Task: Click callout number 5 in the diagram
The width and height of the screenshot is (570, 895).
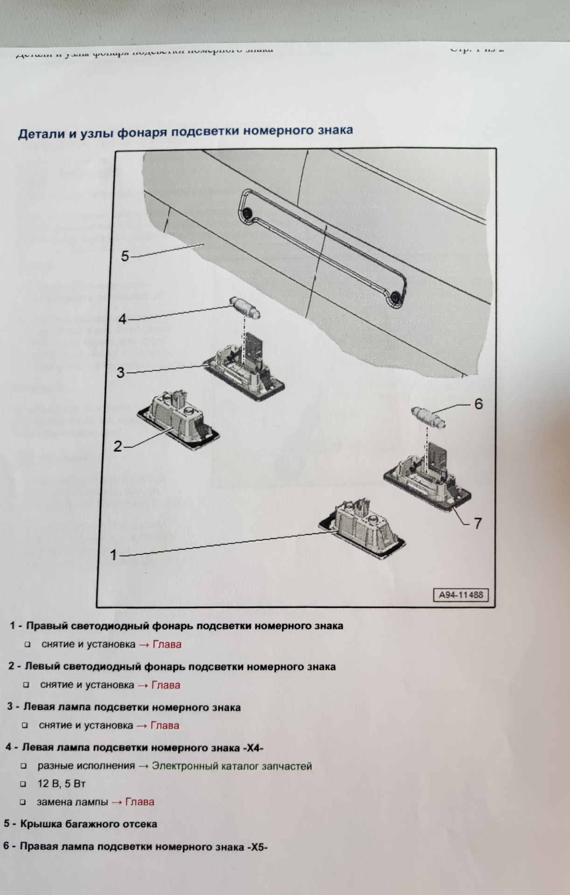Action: click(x=125, y=256)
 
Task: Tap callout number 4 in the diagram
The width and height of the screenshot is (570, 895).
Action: click(x=122, y=319)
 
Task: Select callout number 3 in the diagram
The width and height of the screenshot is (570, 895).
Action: click(x=121, y=372)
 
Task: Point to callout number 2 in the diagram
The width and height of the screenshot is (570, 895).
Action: click(x=118, y=446)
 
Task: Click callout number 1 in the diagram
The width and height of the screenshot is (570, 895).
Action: click(x=113, y=555)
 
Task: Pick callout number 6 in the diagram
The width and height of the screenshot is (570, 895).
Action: click(x=479, y=404)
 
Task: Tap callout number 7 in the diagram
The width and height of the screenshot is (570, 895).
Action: click(x=478, y=523)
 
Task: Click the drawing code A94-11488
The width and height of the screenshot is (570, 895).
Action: click(x=461, y=595)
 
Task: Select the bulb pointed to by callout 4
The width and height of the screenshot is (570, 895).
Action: click(x=245, y=308)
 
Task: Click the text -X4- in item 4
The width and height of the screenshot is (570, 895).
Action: click(x=253, y=748)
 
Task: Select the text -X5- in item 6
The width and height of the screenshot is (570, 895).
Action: click(x=257, y=847)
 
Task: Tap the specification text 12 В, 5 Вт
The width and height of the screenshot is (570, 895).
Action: click(x=61, y=784)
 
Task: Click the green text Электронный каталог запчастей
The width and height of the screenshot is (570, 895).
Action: click(x=232, y=766)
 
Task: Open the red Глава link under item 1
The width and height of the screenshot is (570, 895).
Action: click(x=167, y=644)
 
